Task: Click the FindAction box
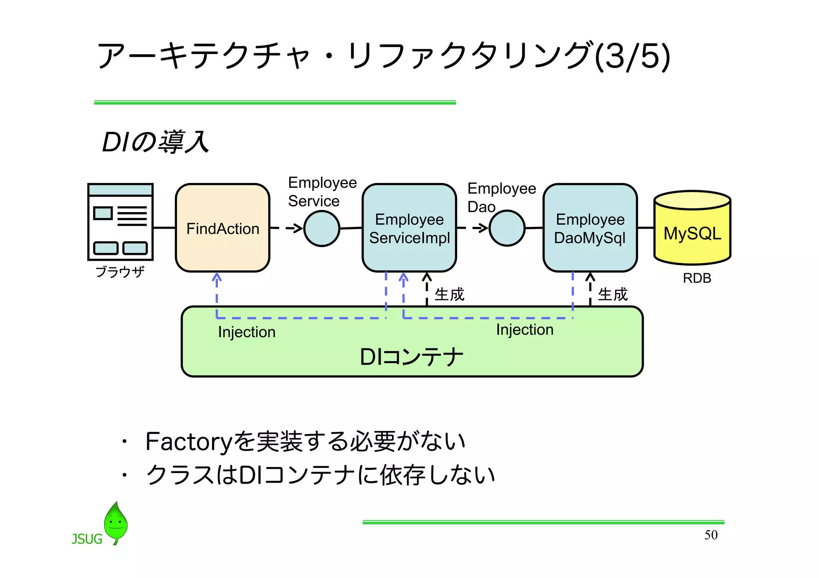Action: pos(222,228)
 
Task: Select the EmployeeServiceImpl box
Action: pos(409,228)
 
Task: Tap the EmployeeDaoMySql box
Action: pos(590,228)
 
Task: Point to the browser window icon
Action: pos(120,222)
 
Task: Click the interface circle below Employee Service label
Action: pos(322,228)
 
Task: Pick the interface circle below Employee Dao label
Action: pos(507,228)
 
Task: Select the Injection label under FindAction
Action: pos(246,332)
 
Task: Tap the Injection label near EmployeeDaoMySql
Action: pos(525,330)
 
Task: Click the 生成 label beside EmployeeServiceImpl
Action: pos(449,294)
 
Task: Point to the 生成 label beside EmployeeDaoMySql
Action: pos(612,294)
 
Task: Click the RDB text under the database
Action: pos(697,278)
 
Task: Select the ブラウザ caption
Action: pos(120,272)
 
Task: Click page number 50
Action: pos(711,535)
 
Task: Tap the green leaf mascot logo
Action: pos(116,522)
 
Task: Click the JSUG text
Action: pos(87,539)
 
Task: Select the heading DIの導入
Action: pos(155,142)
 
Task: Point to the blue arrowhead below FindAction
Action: pos(216,276)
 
